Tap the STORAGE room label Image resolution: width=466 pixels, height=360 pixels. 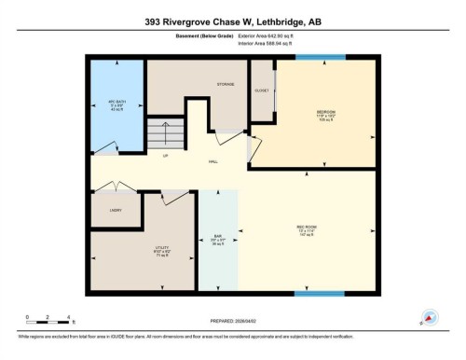point(225,84)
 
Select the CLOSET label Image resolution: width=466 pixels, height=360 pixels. point(261,90)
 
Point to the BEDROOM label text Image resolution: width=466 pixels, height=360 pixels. point(324,112)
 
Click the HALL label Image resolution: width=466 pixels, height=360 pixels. point(213,162)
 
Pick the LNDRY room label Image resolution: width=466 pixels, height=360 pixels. point(116,211)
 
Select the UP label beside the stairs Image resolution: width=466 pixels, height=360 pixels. point(165,155)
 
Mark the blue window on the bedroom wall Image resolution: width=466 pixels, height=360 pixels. point(320,58)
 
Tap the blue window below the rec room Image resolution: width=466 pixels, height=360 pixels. point(314,294)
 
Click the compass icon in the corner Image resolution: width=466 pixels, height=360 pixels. point(430,318)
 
